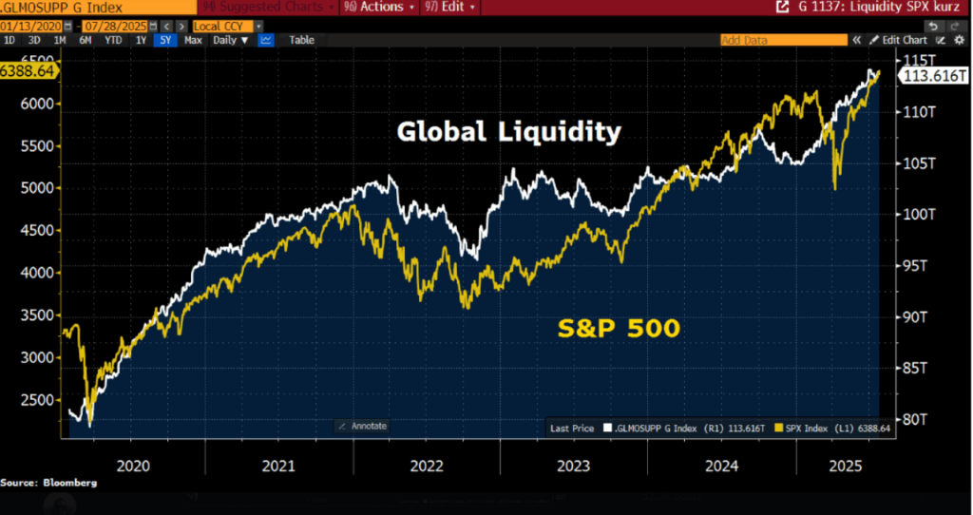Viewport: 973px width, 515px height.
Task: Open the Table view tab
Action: point(301,40)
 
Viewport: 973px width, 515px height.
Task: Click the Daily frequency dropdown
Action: point(231,40)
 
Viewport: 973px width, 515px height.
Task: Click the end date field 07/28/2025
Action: point(110,25)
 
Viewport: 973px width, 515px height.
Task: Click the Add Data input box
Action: point(782,40)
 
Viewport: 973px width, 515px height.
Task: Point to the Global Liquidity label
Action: point(508,132)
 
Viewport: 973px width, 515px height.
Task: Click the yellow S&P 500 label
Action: point(618,328)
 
